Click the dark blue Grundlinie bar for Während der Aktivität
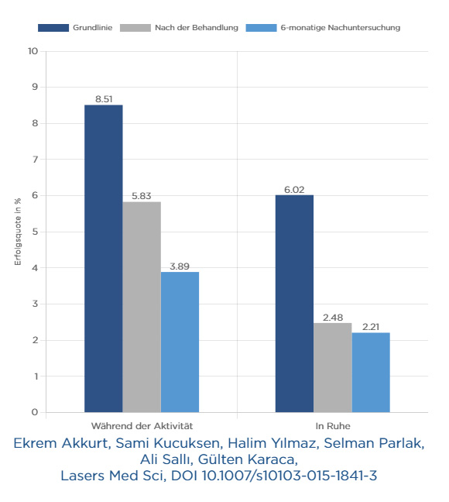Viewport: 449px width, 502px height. point(104,259)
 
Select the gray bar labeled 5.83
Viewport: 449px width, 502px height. point(142,307)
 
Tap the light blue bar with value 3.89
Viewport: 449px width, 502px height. point(180,342)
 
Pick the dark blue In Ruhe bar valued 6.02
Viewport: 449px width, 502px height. point(294,304)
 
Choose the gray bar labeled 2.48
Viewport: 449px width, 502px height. point(333,367)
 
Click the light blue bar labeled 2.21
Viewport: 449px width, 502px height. point(371,373)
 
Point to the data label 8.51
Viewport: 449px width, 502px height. point(104,99)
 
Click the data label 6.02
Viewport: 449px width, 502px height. point(294,190)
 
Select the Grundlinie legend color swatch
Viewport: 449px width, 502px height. point(53,28)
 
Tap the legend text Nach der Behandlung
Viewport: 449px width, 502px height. point(197,28)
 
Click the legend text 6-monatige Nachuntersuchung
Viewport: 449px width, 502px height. point(341,28)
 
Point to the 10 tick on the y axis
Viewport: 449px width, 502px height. point(33,51)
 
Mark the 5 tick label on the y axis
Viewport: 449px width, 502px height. point(35,232)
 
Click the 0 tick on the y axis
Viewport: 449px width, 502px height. point(35,412)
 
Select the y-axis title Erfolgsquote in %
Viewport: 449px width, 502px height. point(18,232)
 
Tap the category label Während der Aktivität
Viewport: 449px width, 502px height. point(142,426)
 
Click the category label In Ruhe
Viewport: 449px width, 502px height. point(333,426)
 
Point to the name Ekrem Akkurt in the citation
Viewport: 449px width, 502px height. point(62,443)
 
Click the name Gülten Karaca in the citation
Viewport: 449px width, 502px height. point(248,459)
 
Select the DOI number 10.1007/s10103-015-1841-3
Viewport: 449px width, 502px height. point(290,476)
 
